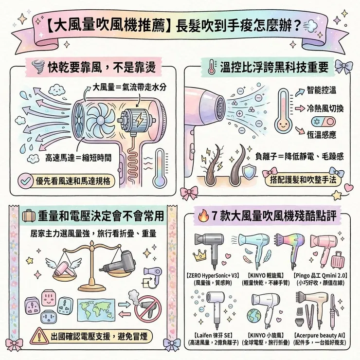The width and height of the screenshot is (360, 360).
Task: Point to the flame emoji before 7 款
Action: pyautogui.click(x=204, y=216)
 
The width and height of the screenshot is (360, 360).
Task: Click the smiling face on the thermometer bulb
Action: pyautogui.click(x=283, y=126)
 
